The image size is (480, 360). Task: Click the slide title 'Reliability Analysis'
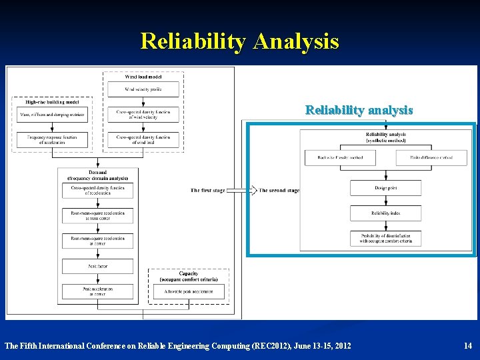[x=239, y=41]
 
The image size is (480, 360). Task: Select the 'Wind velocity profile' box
[x=143, y=89]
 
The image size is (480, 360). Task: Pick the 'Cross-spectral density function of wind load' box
[x=143, y=140]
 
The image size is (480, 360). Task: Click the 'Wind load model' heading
[x=143, y=76]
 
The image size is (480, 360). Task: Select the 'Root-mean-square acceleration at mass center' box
[x=98, y=215]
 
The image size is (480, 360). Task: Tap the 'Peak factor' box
[x=98, y=266]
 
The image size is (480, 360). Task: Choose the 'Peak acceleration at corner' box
[x=98, y=291]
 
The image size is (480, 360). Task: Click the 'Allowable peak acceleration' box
[x=189, y=291]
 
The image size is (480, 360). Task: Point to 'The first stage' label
[x=208, y=191]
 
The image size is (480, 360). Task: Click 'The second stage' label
[x=279, y=191]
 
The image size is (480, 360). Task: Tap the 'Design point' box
[x=385, y=188]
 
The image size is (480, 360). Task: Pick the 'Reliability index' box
[x=385, y=213]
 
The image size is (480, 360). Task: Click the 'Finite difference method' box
[x=431, y=157]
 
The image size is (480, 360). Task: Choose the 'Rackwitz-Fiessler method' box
[x=340, y=157]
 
